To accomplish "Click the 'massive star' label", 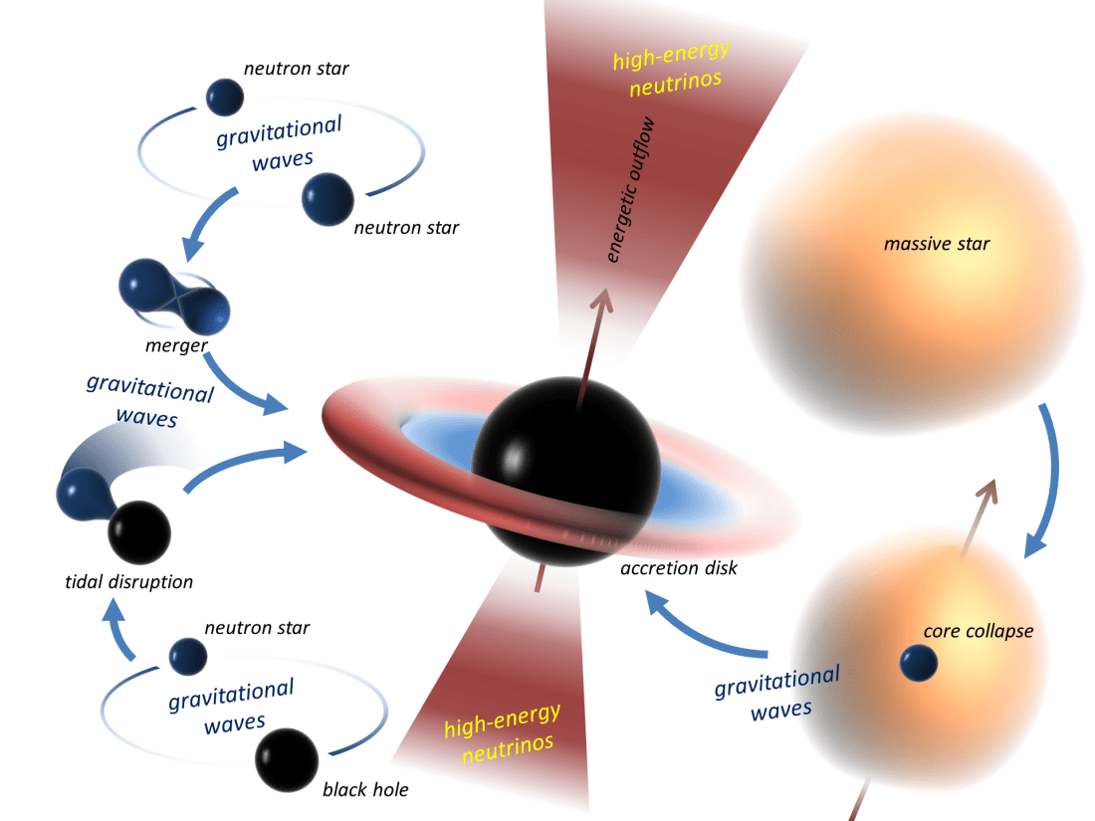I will pyautogui.click(x=937, y=243).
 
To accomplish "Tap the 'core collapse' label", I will pyautogui.click(x=978, y=631).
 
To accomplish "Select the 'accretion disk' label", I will pyautogui.click(x=677, y=569).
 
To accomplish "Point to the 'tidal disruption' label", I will pyautogui.click(x=123, y=582).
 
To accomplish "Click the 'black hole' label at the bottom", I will pyautogui.click(x=365, y=790).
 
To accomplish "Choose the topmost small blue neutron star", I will pyautogui.click(x=224, y=97).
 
